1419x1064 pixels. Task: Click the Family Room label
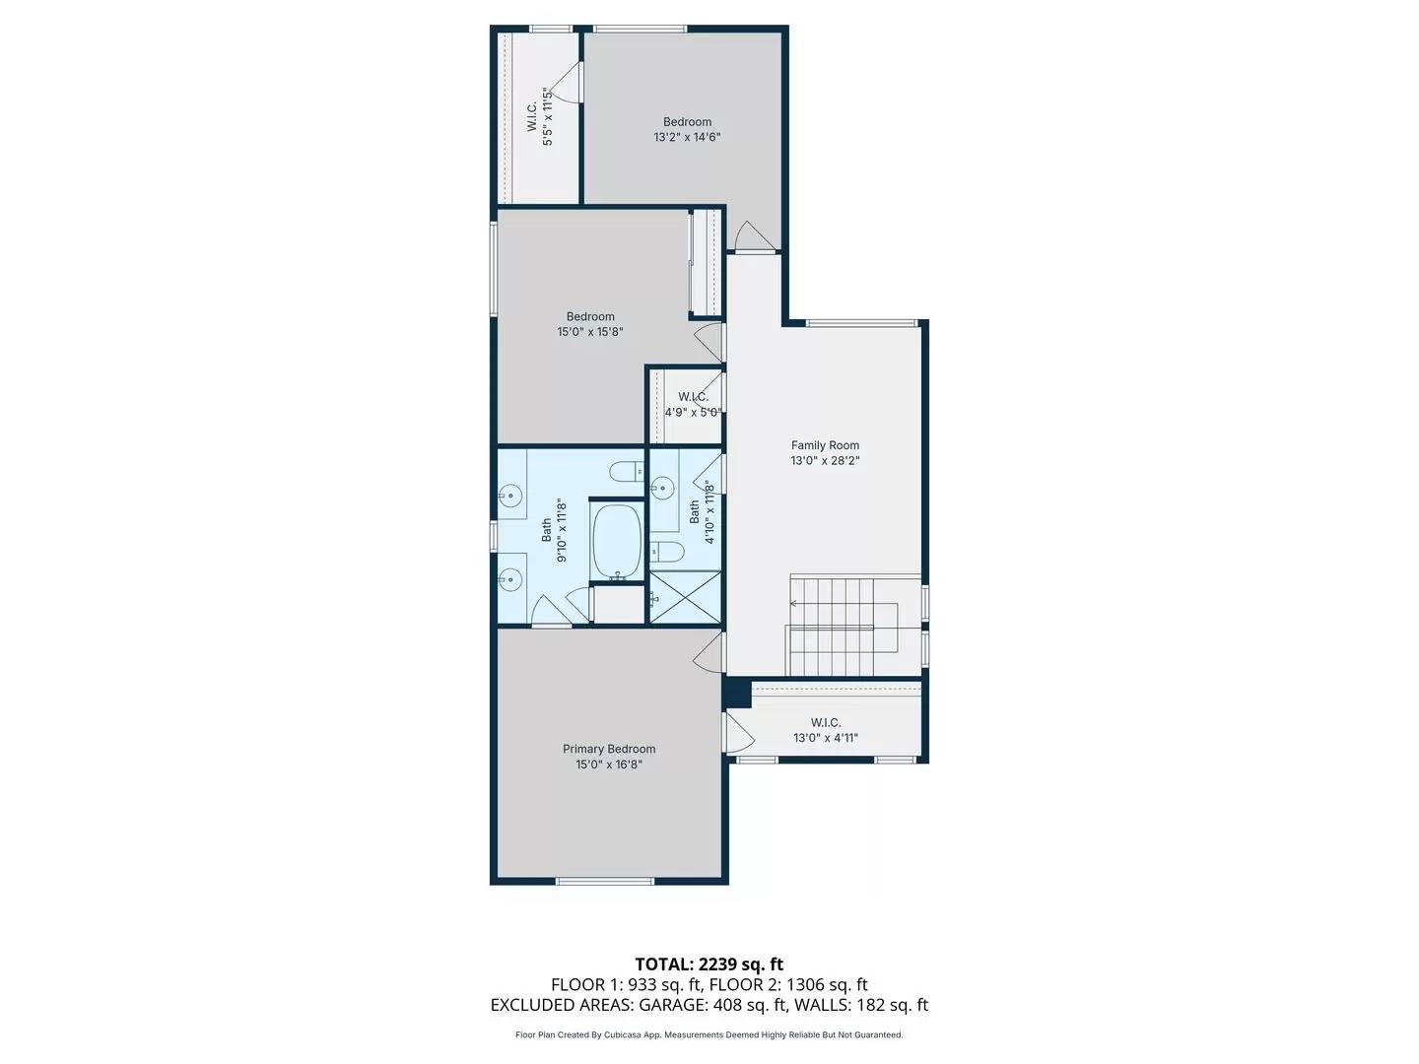825,445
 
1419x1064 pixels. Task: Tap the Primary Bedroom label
609,749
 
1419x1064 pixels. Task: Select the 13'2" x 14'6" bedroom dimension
687,138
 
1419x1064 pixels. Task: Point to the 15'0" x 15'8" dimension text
589,332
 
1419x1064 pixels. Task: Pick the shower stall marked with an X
686,597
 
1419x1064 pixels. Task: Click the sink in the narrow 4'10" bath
662,486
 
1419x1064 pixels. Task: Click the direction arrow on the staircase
794,603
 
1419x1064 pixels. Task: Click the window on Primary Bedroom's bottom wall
605,881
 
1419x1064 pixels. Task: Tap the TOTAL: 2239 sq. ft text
709,964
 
